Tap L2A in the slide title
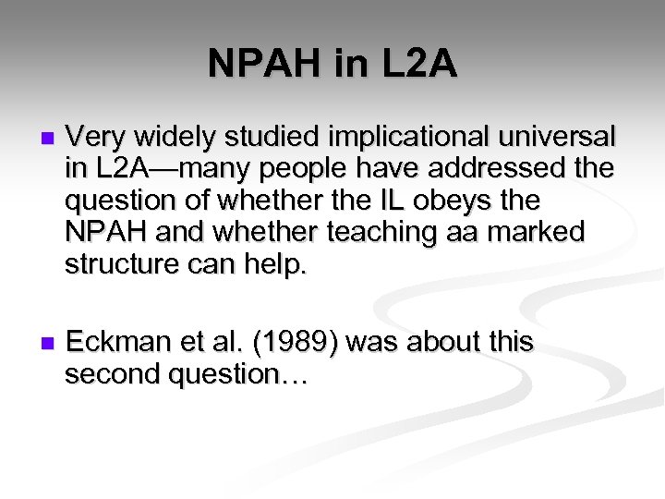click(415, 65)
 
